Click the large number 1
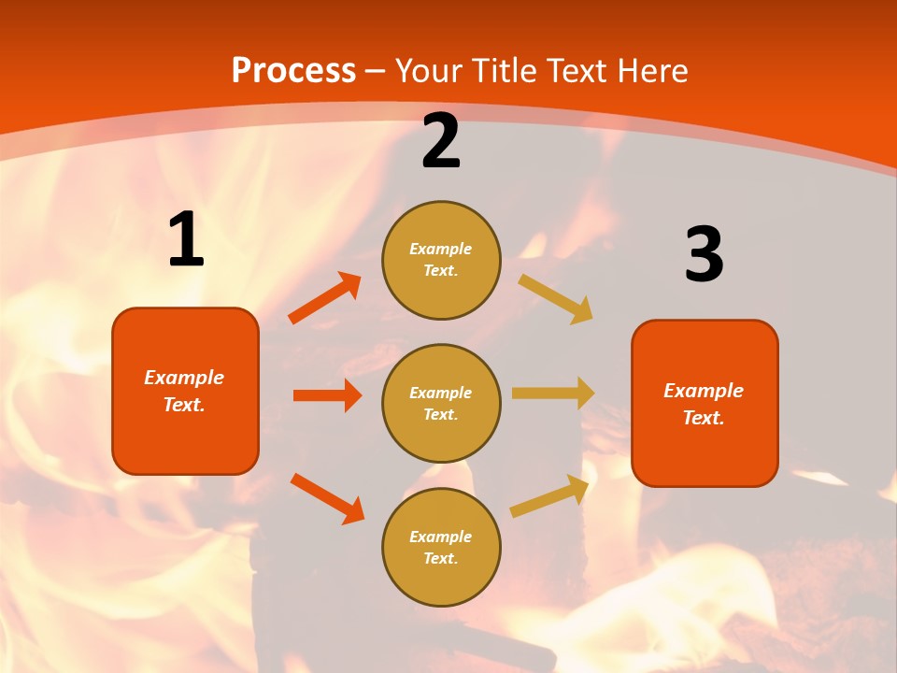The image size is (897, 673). (186, 239)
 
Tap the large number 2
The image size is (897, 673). (441, 141)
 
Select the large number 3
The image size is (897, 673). (704, 254)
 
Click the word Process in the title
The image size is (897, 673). (293, 70)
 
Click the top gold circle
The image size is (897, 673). (441, 260)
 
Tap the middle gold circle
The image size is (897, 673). (441, 403)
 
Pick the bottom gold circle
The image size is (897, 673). (441, 547)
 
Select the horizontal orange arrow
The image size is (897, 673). (327, 395)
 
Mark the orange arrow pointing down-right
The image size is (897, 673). (327, 498)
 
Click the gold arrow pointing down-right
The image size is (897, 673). (556, 298)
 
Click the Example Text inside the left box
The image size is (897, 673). (184, 391)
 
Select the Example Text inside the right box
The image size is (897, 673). (704, 404)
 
